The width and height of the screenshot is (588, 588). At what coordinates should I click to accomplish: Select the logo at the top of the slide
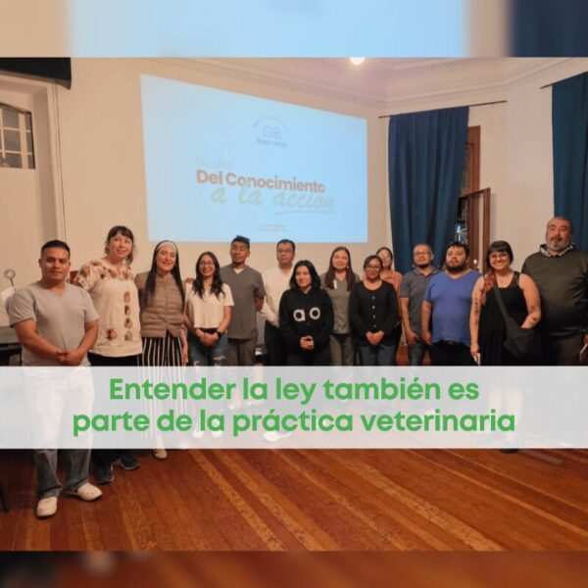pyautogui.click(x=269, y=130)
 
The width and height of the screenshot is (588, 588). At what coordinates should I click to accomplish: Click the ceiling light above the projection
pyautogui.click(x=357, y=61)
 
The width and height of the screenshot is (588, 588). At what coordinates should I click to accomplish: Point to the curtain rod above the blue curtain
pyautogui.click(x=441, y=109)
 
